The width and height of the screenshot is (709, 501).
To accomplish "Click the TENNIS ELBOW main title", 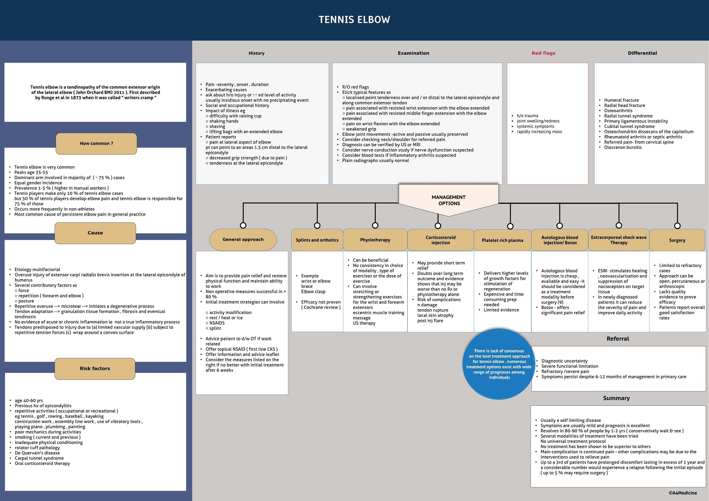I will [x=354, y=20].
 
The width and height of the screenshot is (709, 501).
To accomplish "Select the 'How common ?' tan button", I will [x=96, y=144].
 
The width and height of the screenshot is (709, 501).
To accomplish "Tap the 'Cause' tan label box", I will [x=95, y=233].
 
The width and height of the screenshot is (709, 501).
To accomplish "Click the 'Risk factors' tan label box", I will [x=95, y=369].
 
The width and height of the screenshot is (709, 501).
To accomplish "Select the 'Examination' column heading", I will [x=413, y=53].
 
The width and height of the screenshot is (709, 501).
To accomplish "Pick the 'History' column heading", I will [x=256, y=53].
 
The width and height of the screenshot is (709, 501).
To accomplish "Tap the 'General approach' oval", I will [x=243, y=240].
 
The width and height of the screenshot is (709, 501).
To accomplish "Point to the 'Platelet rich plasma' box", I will [x=502, y=240].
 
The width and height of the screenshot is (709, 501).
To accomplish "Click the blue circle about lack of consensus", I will [x=499, y=364].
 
